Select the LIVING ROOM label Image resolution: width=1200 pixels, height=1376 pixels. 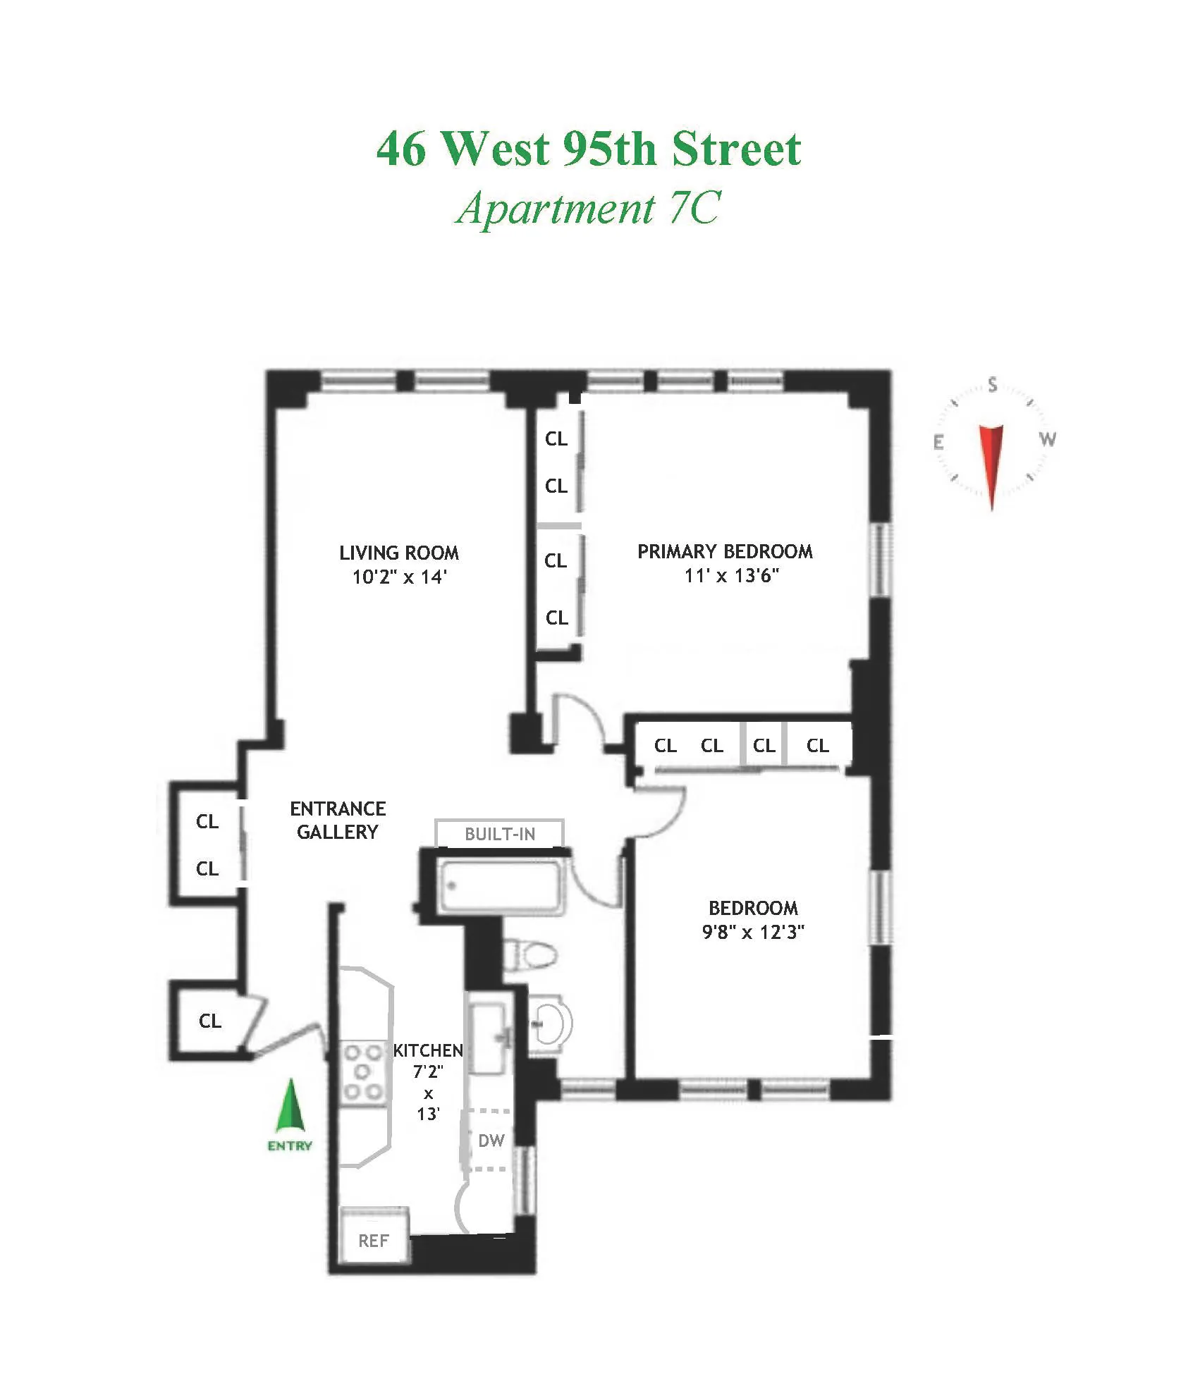coord(399,553)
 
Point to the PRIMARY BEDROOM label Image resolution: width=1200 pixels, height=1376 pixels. coord(725,551)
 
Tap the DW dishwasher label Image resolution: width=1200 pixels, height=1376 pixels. coord(491,1140)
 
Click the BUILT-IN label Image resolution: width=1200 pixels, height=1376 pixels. coord(500,834)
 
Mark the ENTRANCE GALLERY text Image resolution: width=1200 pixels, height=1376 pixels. coord(338,820)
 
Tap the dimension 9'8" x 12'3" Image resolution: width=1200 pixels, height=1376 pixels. coord(753,932)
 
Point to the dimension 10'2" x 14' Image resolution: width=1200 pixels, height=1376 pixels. coord(400,577)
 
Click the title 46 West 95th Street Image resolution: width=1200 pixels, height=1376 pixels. coord(589,149)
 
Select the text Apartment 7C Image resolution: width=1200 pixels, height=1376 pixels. coord(589,209)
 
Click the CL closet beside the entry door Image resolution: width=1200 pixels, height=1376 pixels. coord(210,1021)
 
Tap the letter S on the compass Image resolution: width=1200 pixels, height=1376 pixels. coord(993,385)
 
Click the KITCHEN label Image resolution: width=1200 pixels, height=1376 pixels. coord(428,1050)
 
